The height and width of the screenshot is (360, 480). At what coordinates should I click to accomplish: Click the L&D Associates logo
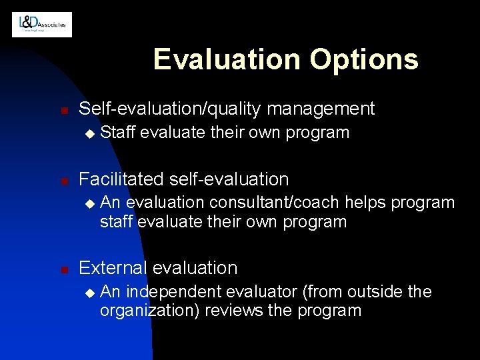pos(42,25)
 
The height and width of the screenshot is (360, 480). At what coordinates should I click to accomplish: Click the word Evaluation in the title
pos(226,59)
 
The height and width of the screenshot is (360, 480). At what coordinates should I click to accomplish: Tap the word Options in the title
pos(363,59)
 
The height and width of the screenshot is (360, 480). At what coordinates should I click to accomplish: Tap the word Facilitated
pos(121,179)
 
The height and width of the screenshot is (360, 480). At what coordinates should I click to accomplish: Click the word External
pos(113,268)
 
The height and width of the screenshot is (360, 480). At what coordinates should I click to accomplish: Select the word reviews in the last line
pos(231,311)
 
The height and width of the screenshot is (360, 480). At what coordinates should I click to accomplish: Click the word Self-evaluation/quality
pos(170,108)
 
